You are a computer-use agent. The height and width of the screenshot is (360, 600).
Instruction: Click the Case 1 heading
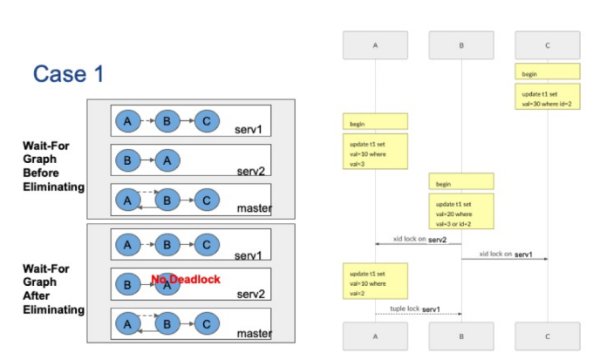[x=68, y=74]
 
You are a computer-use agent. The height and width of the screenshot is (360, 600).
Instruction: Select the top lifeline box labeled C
[x=548, y=45]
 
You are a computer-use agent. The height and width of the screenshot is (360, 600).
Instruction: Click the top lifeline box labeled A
[x=375, y=45]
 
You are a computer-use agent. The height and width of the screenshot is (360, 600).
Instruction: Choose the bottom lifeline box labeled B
[x=460, y=336]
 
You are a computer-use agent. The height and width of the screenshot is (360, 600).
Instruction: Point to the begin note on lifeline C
[x=548, y=71]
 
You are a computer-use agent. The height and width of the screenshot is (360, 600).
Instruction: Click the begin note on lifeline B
[x=460, y=182]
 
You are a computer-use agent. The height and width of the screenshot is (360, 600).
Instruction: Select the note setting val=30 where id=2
[x=548, y=95]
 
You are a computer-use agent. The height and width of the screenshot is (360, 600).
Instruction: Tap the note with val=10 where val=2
[x=375, y=282]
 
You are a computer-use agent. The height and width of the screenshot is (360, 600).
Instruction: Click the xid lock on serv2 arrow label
[x=419, y=239]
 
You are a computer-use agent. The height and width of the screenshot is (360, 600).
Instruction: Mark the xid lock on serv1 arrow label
[x=504, y=254]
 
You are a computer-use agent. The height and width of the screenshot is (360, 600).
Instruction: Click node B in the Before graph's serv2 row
[x=127, y=160]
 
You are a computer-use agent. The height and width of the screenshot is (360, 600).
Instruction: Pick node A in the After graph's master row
[x=127, y=323]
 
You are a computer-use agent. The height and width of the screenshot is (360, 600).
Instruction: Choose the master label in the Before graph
[x=255, y=208]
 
